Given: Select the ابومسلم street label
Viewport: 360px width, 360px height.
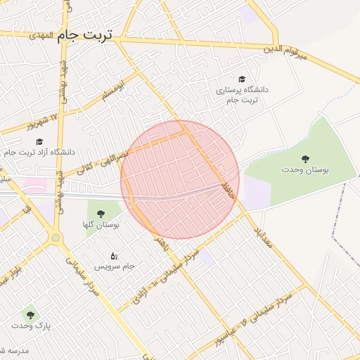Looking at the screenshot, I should pos(110,91).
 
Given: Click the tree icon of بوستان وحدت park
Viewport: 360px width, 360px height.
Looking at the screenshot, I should pos(305,158).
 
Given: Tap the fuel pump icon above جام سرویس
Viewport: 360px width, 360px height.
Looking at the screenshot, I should pos(115,255).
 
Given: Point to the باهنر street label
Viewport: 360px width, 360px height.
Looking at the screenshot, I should pos(165,246).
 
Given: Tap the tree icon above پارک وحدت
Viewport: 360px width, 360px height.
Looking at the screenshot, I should pos(29,314).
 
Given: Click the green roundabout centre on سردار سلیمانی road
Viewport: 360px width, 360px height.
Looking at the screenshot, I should pos(56,238).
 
